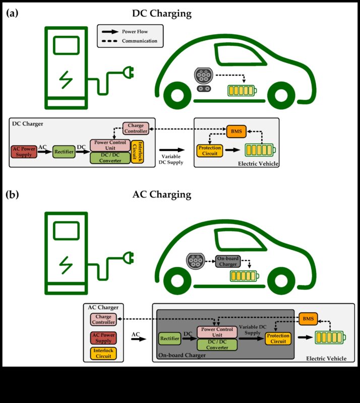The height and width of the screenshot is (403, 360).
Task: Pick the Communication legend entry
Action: [x=139, y=41]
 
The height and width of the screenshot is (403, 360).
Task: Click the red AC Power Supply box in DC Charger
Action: [x=24, y=151]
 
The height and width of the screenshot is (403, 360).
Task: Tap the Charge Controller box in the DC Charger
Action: [x=136, y=128]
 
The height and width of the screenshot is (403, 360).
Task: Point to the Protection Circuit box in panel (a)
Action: [x=209, y=150]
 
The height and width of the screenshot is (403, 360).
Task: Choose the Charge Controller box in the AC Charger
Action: [x=103, y=319]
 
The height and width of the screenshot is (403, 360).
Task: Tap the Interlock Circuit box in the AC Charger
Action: [x=103, y=353]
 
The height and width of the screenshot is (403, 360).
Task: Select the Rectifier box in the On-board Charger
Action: [x=169, y=339]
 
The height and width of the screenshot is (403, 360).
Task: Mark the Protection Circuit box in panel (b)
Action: [x=278, y=339]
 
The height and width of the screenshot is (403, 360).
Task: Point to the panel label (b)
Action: [x=12, y=194]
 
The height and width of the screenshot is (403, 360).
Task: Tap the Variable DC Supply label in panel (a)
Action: [x=171, y=159]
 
